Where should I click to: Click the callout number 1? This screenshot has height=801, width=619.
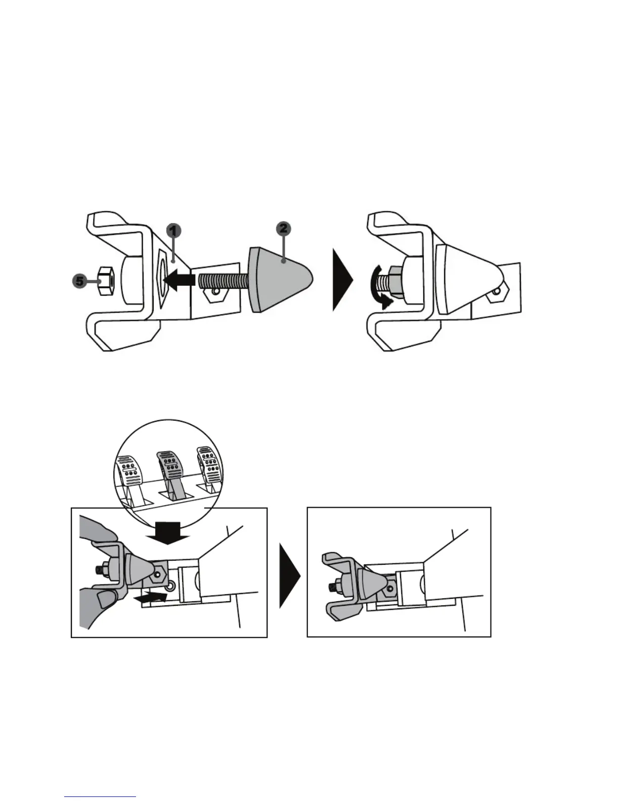(x=173, y=231)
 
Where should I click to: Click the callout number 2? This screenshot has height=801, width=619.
(x=284, y=229)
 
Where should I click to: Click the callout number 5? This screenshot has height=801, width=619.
(x=80, y=281)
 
